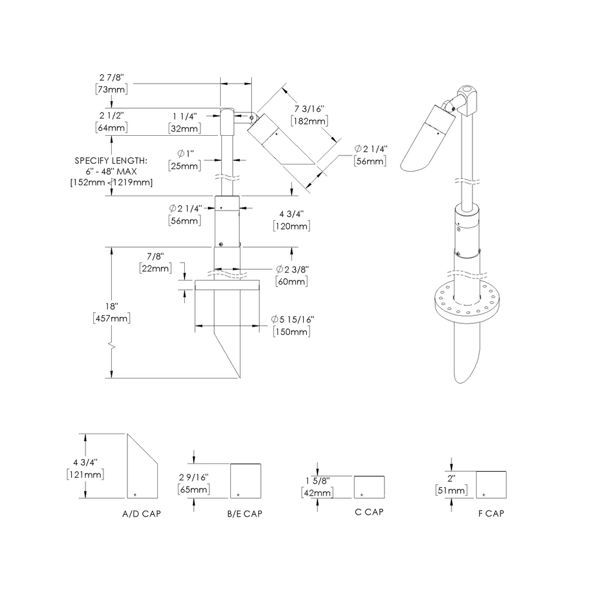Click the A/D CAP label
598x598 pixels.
tap(142, 514)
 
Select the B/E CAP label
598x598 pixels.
tap(244, 514)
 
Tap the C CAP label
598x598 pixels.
tap(368, 512)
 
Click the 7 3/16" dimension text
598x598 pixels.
tap(309, 109)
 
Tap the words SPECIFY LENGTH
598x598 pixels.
tap(111, 160)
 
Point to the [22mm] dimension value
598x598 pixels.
tap(155, 268)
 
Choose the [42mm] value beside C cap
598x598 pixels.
tap(317, 492)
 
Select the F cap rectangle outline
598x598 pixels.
tap(491, 484)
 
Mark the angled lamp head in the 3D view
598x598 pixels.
tap(428, 136)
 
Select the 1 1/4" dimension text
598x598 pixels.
tap(185, 115)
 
